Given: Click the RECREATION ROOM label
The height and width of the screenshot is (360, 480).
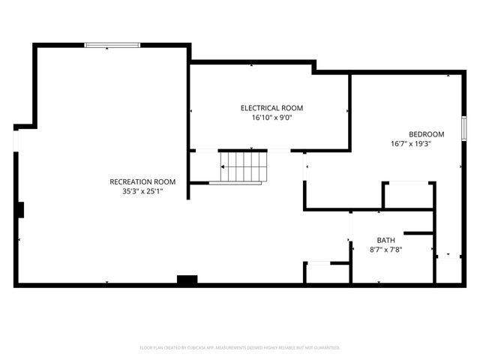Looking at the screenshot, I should pos(142,181).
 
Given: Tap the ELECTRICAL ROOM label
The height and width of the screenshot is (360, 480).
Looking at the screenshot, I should pos(271,108).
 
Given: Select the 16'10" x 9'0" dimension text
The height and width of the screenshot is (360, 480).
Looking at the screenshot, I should pos(271,118).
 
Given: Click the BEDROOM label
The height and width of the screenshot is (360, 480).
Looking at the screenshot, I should pos(426,134).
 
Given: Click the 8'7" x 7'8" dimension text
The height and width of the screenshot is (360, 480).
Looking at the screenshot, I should pos(386,250).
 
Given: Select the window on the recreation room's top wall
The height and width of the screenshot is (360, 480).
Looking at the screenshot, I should pos(112,45).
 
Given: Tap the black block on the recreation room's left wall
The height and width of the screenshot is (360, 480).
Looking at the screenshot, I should pos(21,209).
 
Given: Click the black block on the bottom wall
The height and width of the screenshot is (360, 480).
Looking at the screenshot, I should pos(187,280).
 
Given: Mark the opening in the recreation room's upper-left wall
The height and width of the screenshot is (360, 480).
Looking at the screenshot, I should pos(15,139).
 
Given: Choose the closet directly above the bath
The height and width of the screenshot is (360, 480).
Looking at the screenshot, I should pos(408,195).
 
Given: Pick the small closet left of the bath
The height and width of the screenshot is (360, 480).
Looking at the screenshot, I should pos(327,273).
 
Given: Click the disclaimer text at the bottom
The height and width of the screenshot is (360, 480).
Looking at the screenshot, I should pos(240,348).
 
